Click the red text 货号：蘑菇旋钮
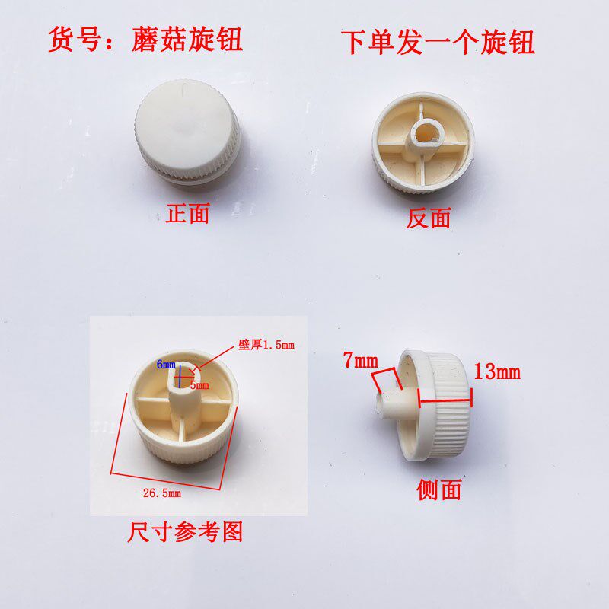(145, 39)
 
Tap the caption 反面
(429, 218)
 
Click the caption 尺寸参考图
(185, 531)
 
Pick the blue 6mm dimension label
(167, 365)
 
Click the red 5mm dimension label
(199, 385)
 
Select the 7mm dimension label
(359, 362)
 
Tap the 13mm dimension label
(496, 372)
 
